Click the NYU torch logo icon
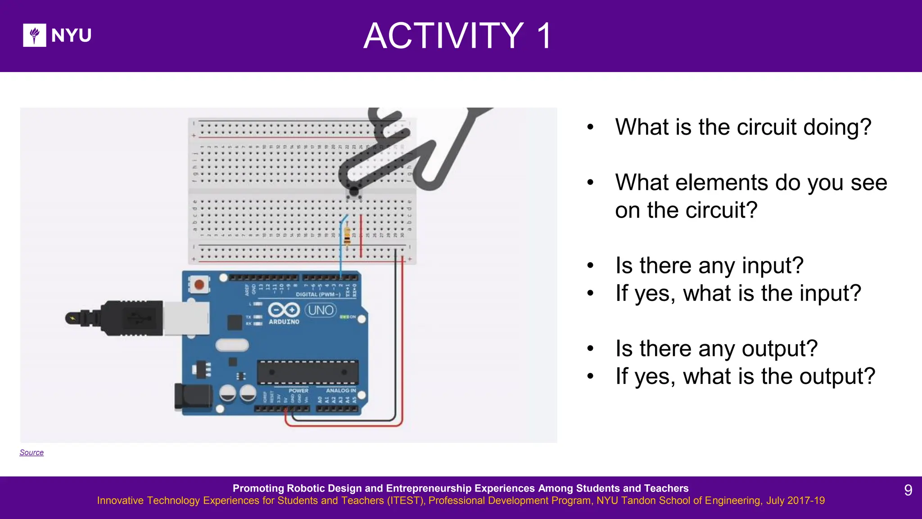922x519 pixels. [34, 35]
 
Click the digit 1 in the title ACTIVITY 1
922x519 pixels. [545, 36]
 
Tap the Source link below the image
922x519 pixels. [32, 452]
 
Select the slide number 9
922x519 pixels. [908, 490]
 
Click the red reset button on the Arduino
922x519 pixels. [199, 285]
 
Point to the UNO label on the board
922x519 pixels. [321, 310]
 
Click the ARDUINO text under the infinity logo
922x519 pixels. [284, 322]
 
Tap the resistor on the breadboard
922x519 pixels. [347, 235]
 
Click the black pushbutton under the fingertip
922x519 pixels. [354, 192]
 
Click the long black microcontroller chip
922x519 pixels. [308, 373]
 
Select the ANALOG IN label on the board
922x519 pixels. [341, 391]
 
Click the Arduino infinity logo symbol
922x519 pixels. [284, 310]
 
